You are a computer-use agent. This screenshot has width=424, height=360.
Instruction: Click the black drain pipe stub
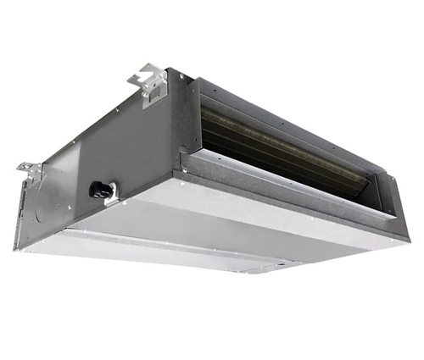point(97,190)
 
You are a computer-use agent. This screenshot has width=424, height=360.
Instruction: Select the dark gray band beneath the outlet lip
point(280,203)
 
